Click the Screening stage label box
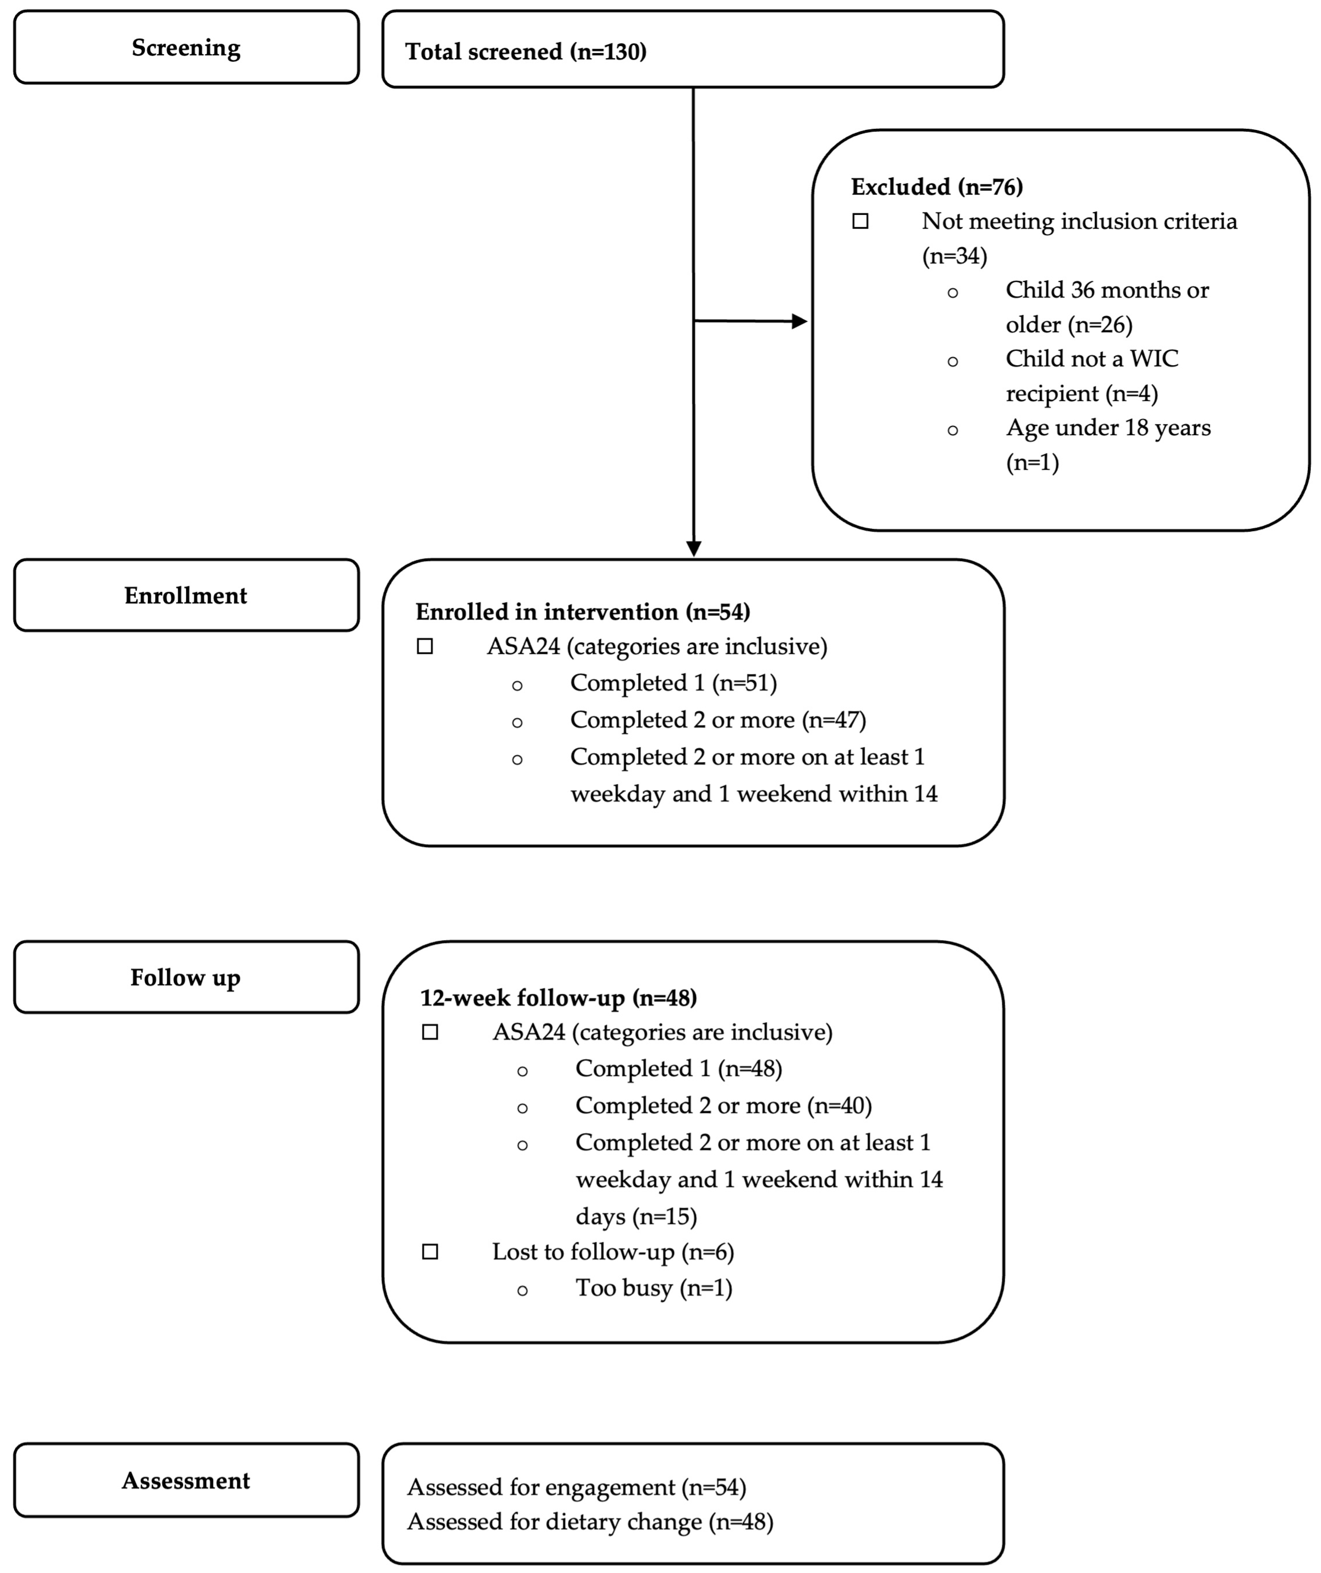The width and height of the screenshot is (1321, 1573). [186, 47]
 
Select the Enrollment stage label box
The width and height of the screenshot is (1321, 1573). [186, 596]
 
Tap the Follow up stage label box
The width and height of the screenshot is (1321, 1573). [186, 977]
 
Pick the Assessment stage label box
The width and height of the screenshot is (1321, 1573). [186, 1481]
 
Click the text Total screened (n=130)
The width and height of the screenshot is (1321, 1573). [525, 52]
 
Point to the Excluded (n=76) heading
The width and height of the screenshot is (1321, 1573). [937, 187]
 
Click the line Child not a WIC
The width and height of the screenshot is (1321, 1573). [1092, 359]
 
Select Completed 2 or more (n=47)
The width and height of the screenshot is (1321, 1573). [718, 720]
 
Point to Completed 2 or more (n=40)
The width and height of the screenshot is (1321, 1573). [723, 1106]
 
